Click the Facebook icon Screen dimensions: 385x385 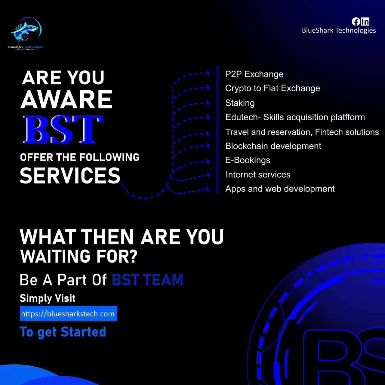(356, 22)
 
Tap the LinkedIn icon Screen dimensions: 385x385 (365, 22)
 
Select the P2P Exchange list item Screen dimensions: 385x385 (254, 74)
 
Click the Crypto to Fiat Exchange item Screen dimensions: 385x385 (273, 88)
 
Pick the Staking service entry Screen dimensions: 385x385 (240, 103)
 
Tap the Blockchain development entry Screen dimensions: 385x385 (273, 146)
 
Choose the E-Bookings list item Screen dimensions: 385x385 (248, 160)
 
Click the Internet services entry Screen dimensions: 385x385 (258, 175)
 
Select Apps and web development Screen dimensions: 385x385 (280, 189)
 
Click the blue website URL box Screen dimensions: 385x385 (68, 313)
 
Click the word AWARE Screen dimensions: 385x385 (66, 99)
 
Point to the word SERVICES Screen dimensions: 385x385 (70, 175)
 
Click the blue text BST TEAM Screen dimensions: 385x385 (147, 279)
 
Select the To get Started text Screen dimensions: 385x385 (63, 332)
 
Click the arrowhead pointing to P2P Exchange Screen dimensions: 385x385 (208, 73)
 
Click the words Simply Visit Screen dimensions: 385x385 (48, 298)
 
